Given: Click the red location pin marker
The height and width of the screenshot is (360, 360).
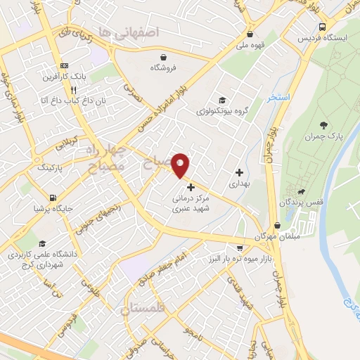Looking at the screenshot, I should pyautogui.click(x=181, y=165).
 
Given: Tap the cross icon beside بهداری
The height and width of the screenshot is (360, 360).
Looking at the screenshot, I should pyautogui.click(x=240, y=172).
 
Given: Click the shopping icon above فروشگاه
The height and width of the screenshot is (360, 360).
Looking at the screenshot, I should pyautogui.click(x=163, y=57).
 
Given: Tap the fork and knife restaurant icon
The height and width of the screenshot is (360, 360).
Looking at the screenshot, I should pyautogui.click(x=73, y=90).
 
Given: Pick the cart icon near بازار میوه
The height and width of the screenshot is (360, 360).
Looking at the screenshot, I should pyautogui.click(x=240, y=248).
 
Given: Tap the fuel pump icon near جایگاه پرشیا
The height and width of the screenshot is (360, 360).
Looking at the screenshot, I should pyautogui.click(x=53, y=198).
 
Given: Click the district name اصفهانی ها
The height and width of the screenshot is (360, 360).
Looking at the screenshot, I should pyautogui.click(x=129, y=32).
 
